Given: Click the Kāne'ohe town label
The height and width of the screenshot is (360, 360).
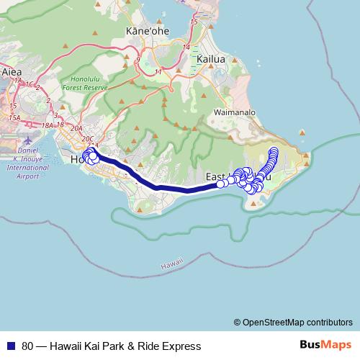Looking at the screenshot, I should (143, 32).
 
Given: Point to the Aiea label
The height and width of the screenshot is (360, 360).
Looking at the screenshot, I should (12, 72).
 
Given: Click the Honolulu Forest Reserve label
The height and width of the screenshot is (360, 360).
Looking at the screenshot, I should (89, 82).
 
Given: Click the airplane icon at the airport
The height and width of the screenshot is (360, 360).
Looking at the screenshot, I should (27, 139).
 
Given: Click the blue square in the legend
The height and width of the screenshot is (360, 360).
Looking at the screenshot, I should (9, 346).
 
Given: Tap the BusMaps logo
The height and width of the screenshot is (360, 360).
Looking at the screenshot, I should (326, 346).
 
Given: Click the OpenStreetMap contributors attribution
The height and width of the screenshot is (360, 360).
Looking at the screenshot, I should (293, 323).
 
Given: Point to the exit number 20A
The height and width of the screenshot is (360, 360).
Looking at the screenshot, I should (77, 127).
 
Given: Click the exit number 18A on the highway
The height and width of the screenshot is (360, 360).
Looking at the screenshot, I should (48, 125).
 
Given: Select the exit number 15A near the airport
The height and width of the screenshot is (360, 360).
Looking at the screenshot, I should (15, 117).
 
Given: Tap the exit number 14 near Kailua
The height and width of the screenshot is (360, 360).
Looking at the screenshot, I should (186, 48).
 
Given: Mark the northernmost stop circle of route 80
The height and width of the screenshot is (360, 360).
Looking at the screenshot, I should (274, 150).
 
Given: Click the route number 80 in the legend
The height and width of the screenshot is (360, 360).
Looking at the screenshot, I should (28, 346).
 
